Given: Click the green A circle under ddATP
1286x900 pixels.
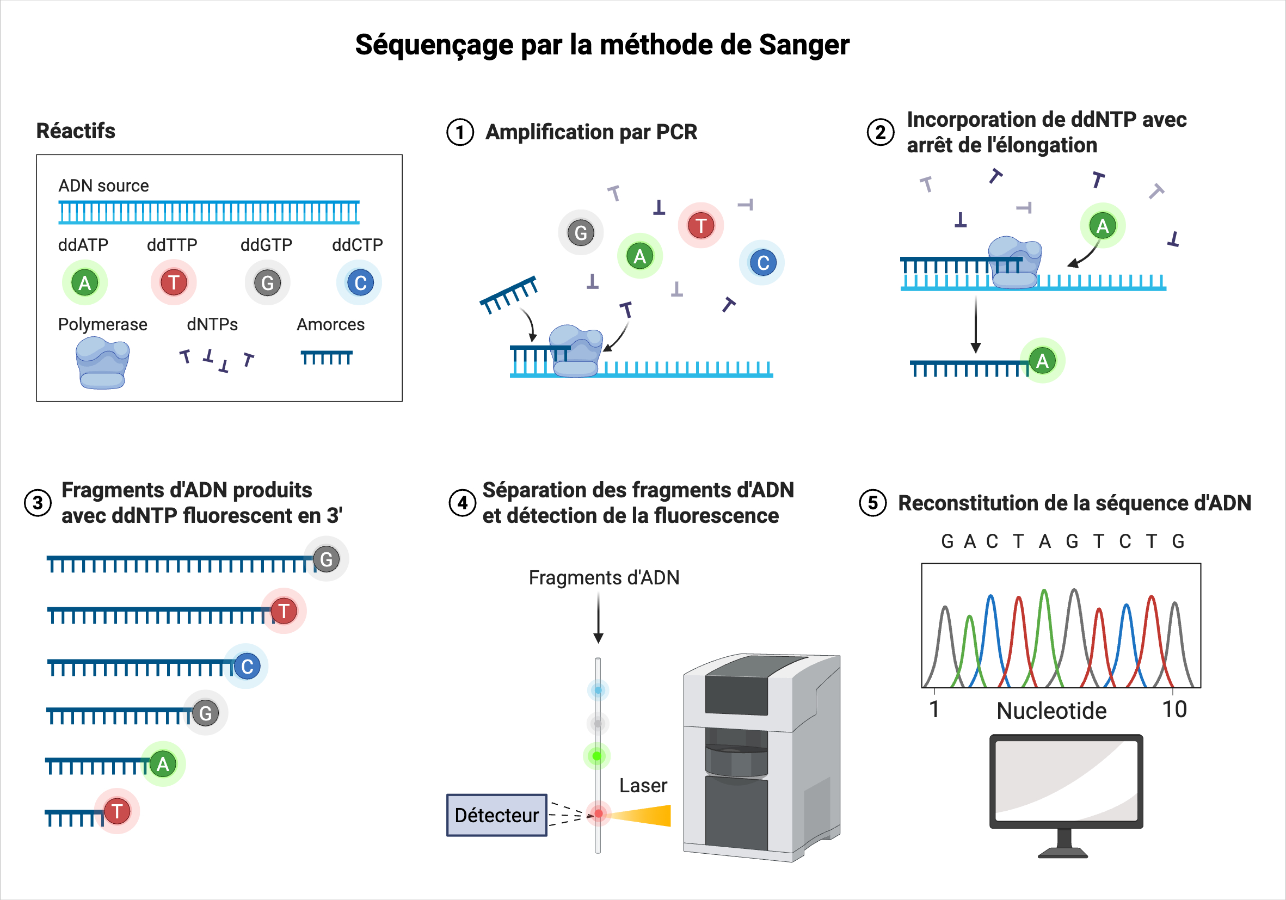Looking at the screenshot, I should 84,283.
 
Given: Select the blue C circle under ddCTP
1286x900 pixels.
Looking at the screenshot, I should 360,283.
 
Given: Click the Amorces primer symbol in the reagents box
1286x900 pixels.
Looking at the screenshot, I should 327,357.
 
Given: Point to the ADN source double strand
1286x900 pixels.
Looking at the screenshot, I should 209,212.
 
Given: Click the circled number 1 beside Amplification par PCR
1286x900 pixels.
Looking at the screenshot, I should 460,133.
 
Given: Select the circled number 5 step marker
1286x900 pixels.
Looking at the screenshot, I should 872,503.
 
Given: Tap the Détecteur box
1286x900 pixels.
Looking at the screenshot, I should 497,815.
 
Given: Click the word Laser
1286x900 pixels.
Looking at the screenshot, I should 643,786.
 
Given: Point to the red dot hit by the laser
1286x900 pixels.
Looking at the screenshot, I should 599,813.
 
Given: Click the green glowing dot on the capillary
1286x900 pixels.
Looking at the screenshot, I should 597,756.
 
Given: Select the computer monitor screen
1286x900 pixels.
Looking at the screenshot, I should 1066,782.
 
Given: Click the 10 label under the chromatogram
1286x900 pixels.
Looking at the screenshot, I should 1174,710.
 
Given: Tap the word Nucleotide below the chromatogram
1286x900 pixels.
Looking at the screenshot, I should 1051,711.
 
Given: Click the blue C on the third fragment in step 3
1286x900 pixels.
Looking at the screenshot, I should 247,667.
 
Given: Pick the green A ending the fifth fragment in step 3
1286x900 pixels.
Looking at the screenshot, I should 163,764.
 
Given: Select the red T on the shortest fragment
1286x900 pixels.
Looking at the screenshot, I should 117,811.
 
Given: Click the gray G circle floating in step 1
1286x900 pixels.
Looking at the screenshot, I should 581,232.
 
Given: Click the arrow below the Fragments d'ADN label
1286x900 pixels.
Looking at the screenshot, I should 598,619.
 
